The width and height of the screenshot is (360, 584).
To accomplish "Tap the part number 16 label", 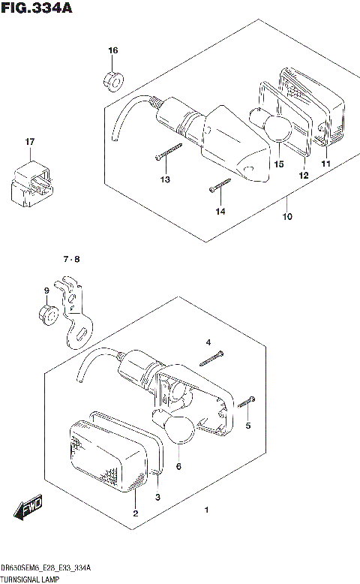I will click(112, 50).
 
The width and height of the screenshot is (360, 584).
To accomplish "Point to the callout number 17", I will click(29, 142).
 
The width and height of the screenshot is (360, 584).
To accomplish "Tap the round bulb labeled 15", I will click(278, 130).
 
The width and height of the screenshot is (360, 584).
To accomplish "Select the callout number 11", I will click(325, 164).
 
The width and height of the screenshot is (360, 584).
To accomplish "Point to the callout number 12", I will click(304, 175).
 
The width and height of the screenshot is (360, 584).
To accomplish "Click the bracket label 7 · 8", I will click(71, 260).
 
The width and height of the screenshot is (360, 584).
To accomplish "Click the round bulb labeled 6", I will click(180, 429).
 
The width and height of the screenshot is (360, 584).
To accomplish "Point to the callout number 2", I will click(135, 513).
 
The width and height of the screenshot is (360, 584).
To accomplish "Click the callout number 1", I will click(206, 511).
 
